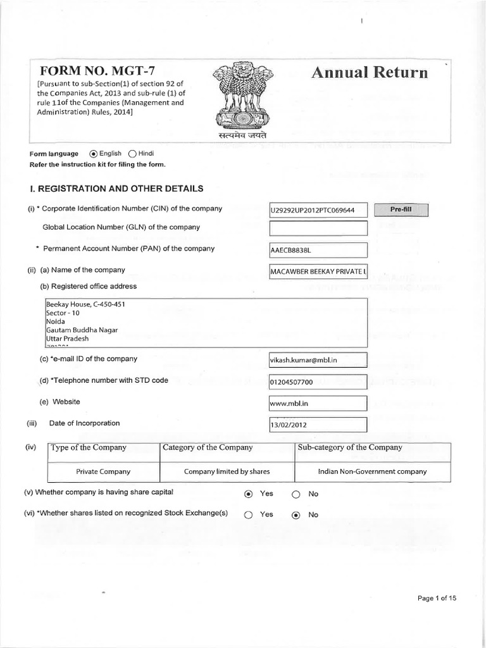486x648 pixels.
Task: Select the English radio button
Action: (x=94, y=153)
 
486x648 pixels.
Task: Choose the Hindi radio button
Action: (x=132, y=153)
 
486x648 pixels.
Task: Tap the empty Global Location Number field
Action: (x=318, y=228)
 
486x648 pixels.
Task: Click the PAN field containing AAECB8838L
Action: (x=318, y=250)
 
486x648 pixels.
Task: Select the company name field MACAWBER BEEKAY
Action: (x=318, y=271)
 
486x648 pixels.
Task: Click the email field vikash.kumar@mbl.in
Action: (x=318, y=360)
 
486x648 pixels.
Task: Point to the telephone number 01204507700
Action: (x=318, y=382)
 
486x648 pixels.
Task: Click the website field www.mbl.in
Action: (x=318, y=403)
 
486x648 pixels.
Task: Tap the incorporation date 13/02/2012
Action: (x=318, y=425)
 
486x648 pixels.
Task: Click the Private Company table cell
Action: (x=103, y=471)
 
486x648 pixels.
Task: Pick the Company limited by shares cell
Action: (x=227, y=471)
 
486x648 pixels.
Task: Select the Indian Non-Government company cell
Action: (x=372, y=471)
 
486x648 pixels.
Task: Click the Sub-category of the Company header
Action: (x=350, y=447)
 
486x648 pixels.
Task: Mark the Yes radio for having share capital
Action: (x=249, y=494)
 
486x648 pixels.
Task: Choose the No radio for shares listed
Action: (x=296, y=515)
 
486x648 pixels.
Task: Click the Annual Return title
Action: (x=370, y=72)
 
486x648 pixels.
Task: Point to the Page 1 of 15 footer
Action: (x=437, y=598)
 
